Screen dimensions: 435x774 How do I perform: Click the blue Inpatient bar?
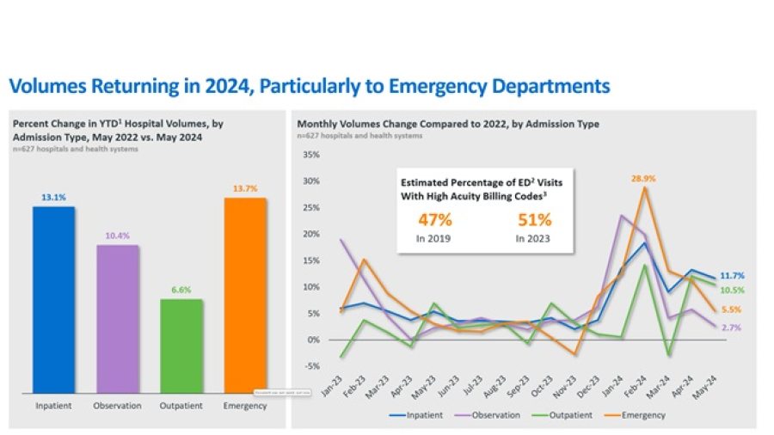[54, 297]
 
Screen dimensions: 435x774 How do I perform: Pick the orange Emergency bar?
[245, 292]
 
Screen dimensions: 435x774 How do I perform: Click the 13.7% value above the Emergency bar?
[245, 189]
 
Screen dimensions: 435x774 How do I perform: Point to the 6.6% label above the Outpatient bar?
[181, 291]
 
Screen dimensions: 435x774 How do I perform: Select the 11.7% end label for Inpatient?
[732, 276]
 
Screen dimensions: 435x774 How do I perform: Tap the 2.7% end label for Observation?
[732, 328]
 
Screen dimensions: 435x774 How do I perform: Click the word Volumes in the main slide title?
[47, 86]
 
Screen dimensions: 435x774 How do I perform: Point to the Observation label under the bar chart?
[118, 406]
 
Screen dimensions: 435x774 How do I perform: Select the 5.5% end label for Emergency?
[732, 309]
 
